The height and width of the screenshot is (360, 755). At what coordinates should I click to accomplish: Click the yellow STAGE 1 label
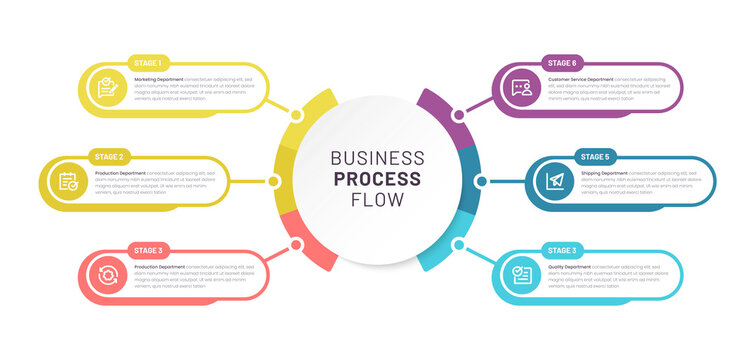148,63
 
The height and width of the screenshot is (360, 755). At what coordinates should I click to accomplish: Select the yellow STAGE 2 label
108,157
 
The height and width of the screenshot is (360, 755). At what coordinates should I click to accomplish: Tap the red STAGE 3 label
148,250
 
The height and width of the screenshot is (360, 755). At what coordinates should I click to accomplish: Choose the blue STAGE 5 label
594,157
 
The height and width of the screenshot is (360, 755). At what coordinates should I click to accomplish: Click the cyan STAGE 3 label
561,250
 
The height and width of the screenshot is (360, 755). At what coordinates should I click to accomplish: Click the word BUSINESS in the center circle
377,158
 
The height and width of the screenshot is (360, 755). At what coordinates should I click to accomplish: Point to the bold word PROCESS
377,179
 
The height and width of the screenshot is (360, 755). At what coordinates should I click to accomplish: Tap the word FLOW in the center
377,200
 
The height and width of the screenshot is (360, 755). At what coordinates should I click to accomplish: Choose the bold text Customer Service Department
581,78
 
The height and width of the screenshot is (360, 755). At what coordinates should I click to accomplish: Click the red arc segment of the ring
317,254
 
